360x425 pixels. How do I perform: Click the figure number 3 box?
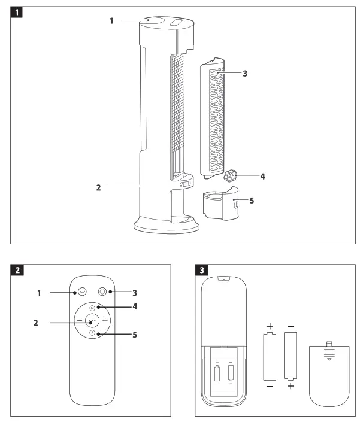pos(203,269)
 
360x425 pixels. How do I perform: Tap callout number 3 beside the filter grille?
pos(244,74)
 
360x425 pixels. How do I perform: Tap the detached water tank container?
pos(218,206)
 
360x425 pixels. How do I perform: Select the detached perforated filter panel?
pos(213,120)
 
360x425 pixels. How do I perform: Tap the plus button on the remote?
pos(104,320)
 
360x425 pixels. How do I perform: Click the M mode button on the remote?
pos(92,308)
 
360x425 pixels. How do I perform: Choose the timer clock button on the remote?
pos(92,333)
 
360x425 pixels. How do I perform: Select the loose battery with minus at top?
pos(291,356)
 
